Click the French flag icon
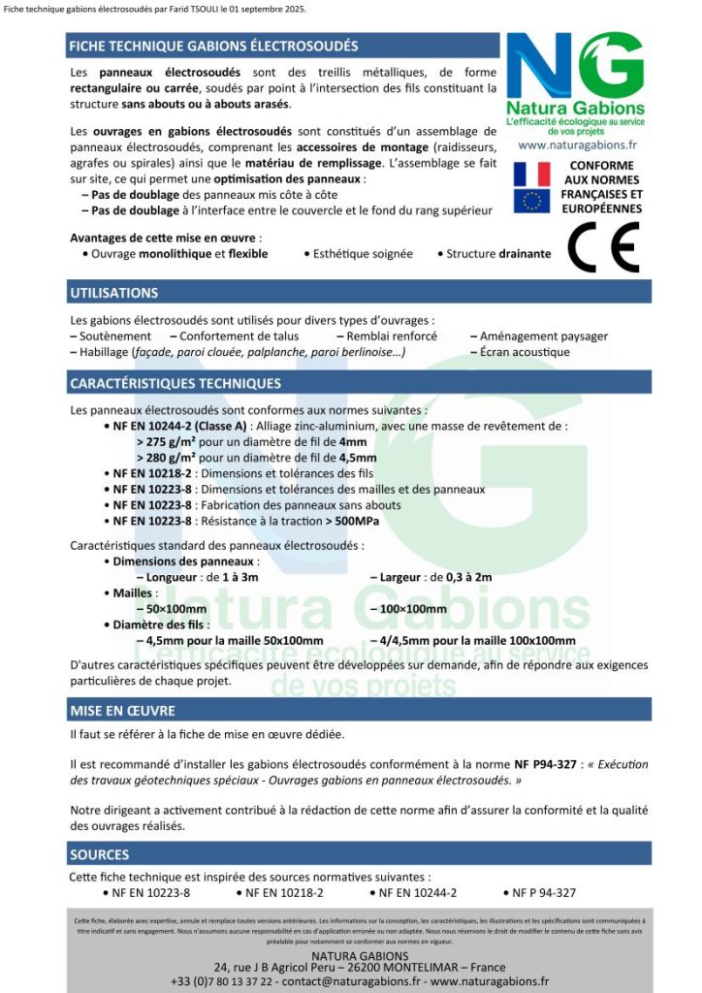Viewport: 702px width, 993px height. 531,174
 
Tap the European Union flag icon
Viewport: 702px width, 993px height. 531,201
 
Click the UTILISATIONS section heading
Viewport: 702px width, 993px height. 114,293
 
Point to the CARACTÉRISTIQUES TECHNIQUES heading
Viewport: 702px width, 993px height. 175,384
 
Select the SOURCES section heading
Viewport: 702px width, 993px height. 99,854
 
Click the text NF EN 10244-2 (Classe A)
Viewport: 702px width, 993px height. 179,426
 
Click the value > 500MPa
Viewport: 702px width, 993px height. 352,521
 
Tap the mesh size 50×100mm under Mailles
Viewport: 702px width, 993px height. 173,609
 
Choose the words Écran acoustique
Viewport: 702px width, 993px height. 525,352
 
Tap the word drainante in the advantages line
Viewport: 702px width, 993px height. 525,254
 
